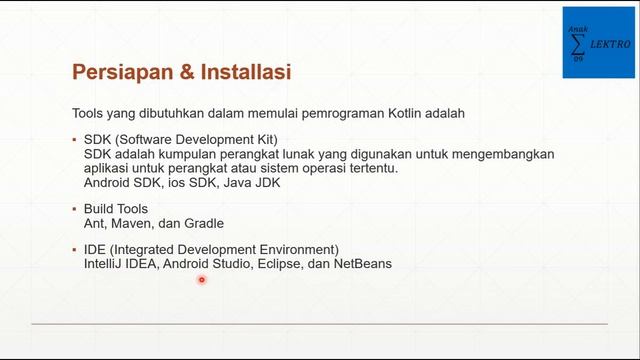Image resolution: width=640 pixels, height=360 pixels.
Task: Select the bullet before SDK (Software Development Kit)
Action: [x=74, y=140]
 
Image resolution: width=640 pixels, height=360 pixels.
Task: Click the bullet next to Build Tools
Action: [x=74, y=209]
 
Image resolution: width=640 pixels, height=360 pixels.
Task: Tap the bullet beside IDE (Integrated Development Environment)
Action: [x=74, y=250]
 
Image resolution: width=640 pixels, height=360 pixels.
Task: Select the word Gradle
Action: [x=204, y=223]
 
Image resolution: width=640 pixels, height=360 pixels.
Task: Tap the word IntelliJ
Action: [x=104, y=264]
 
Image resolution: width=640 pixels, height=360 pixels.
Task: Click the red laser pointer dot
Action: [x=201, y=280]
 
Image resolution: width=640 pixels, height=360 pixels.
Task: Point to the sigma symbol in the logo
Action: [x=578, y=45]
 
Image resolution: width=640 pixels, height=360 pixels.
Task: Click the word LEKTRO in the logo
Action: [x=610, y=45]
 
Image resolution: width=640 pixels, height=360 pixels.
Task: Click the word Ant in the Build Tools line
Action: [x=96, y=223]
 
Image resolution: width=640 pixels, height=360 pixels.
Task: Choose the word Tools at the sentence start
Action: [x=89, y=113]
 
